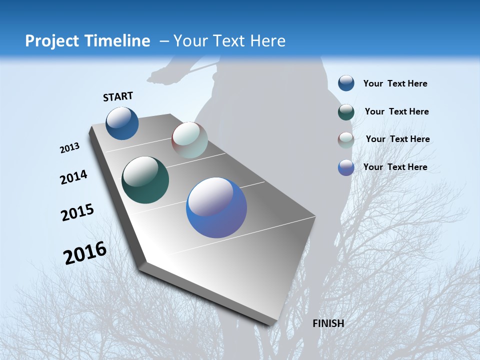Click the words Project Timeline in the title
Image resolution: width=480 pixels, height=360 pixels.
pyautogui.click(x=87, y=41)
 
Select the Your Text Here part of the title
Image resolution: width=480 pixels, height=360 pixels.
pyautogui.click(x=229, y=41)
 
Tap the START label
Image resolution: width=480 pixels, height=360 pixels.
pyautogui.click(x=118, y=96)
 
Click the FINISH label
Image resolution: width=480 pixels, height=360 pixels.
pyautogui.click(x=328, y=323)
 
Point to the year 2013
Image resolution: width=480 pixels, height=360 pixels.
pyautogui.click(x=69, y=148)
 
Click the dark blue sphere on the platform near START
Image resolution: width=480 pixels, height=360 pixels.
pyautogui.click(x=122, y=123)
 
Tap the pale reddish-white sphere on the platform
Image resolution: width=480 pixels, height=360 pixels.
pyautogui.click(x=189, y=140)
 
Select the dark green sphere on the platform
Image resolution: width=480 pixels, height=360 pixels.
pyautogui.click(x=145, y=180)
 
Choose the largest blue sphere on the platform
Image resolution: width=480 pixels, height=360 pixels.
pyautogui.click(x=216, y=207)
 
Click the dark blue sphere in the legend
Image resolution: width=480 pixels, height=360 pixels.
pyautogui.click(x=346, y=83)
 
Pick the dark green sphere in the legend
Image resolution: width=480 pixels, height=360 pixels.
pyautogui.click(x=346, y=112)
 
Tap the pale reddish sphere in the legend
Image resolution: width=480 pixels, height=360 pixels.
pyautogui.click(x=346, y=140)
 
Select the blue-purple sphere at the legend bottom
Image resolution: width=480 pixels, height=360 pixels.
pyautogui.click(x=346, y=167)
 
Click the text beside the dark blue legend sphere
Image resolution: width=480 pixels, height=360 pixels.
pyautogui.click(x=395, y=83)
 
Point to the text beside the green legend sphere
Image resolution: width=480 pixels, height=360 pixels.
pyautogui.click(x=396, y=111)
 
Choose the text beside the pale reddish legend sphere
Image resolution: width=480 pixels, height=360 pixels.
pyautogui.click(x=397, y=139)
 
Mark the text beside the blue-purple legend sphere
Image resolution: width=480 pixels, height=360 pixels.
pyautogui.click(x=395, y=167)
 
